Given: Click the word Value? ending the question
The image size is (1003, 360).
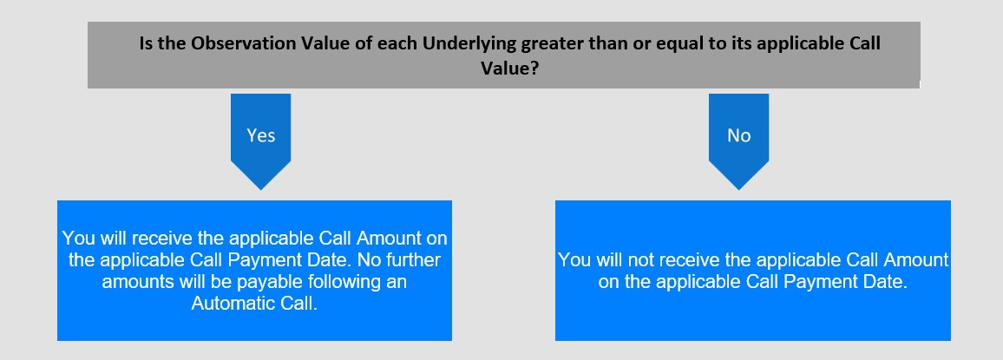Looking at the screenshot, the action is pyautogui.click(x=508, y=68).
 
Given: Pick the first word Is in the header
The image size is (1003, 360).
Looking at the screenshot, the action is pyautogui.click(x=147, y=43).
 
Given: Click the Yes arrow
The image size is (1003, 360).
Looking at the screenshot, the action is pyautogui.click(x=260, y=141).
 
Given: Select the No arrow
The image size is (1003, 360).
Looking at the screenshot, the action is pyautogui.click(x=739, y=141).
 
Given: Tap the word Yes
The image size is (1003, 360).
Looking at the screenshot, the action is pyautogui.click(x=261, y=135).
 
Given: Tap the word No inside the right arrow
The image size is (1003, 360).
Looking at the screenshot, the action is pyautogui.click(x=739, y=135).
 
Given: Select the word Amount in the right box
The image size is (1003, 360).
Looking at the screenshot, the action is pyautogui.click(x=916, y=260).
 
